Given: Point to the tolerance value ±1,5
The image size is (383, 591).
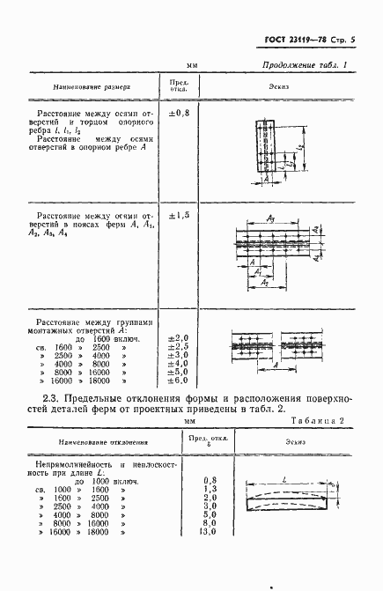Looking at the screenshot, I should click(178, 216).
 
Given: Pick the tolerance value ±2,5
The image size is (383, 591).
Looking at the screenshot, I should click(178, 346).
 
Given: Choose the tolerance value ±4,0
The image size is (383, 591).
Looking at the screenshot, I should click(178, 363).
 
